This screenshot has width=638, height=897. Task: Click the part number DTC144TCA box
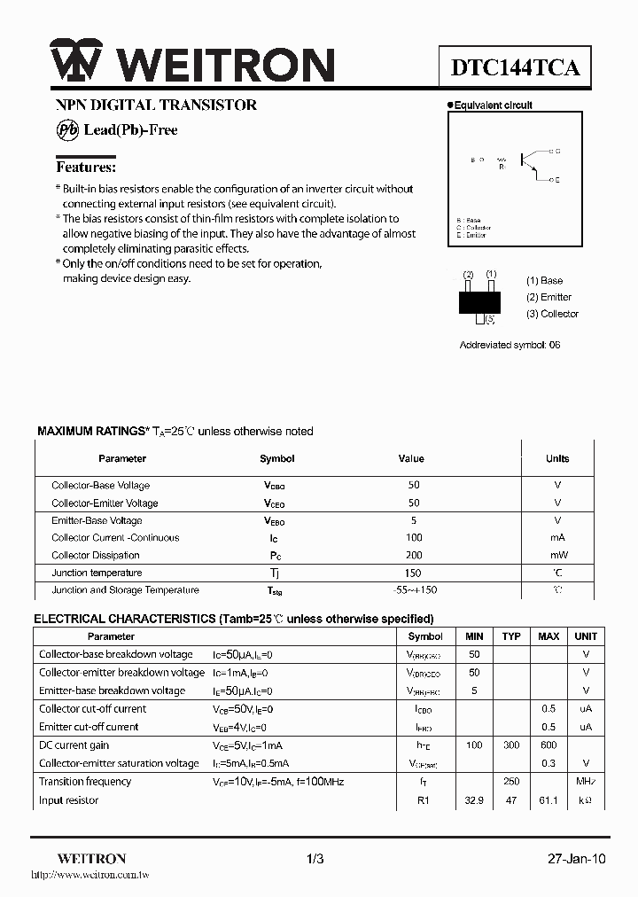pos(516,67)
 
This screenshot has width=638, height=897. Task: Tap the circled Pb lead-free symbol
pos(67,129)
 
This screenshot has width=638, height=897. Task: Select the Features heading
pos(86,167)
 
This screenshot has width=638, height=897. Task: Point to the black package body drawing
pos(479,300)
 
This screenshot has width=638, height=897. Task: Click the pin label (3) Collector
pos(552,314)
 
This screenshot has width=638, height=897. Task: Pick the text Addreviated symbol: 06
pos(510,345)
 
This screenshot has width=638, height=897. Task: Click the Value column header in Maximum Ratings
pos(411,459)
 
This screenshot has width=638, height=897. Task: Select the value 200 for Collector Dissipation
pos(414,556)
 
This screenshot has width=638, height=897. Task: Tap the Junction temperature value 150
pos(414,573)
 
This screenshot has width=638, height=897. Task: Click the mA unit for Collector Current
pos(557,538)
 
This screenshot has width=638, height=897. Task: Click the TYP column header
pos(511,636)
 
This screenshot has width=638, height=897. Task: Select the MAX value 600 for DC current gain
pos(549,745)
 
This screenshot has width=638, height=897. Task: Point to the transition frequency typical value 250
pos(511,782)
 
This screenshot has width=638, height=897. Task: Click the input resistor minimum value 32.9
pos(474,800)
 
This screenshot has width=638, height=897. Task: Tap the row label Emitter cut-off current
pos(89,727)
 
